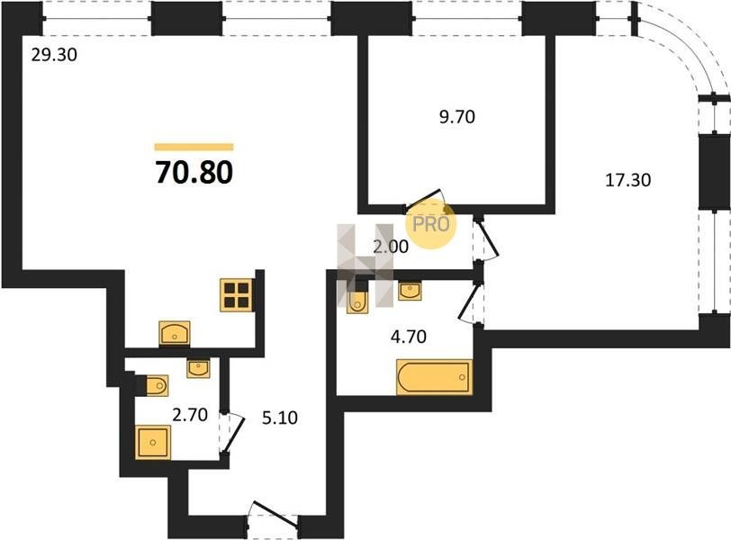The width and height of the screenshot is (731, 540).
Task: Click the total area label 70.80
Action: click(194, 173)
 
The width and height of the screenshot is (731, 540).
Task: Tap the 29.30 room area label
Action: click(54, 55)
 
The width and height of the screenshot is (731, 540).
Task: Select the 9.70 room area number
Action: click(457, 116)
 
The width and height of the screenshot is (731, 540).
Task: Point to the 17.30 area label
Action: click(628, 180)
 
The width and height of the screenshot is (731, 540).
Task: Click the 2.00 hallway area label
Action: click(391, 247)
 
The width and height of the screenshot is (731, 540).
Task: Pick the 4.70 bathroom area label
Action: click(409, 336)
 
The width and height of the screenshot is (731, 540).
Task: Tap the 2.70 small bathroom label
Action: click(190, 414)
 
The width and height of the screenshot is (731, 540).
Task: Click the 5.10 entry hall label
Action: click(280, 418)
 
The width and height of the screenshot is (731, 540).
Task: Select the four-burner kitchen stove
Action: click(237, 295)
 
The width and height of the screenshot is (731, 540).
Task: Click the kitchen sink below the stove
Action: click(175, 333)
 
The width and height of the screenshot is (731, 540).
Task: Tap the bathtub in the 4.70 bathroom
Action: click(434, 377)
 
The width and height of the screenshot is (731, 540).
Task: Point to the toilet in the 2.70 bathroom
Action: click(154, 385)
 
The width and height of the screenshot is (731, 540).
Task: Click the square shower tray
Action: click(153, 442)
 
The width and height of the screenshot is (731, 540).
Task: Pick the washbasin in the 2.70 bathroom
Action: click(198, 368)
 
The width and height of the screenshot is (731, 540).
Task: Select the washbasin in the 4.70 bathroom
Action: click(410, 291)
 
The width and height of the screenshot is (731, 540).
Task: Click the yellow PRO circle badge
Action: click(431, 224)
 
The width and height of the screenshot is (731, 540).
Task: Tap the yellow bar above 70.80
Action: click(194, 148)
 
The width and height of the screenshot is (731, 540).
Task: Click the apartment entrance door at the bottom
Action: click(273, 516)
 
